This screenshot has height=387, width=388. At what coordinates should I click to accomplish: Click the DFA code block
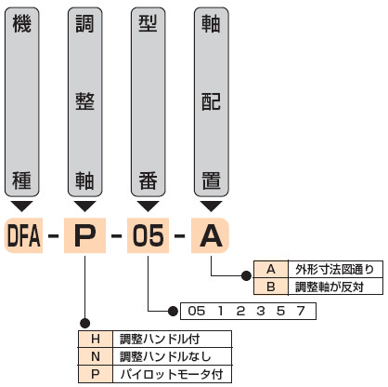pyautogui.click(x=23, y=235)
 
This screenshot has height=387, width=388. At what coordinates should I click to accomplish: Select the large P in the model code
pyautogui.click(x=84, y=235)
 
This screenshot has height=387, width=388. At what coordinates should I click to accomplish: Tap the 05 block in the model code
pyautogui.click(x=148, y=235)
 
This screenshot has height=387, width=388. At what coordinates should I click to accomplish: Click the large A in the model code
pyautogui.click(x=211, y=235)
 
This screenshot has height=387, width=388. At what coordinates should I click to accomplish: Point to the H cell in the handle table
pyautogui.click(x=96, y=339)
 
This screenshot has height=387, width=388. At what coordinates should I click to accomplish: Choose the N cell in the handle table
pyautogui.click(x=96, y=356)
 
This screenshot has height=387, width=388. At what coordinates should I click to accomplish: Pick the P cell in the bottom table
pyautogui.click(x=96, y=374)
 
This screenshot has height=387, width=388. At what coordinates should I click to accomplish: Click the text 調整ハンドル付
pyautogui.click(x=160, y=339)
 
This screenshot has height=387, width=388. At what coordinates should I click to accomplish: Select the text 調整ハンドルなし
pyautogui.click(x=165, y=356)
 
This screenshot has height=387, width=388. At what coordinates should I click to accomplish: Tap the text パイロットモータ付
pyautogui.click(x=172, y=374)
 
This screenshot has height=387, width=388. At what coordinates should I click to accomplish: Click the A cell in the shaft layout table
pyautogui.click(x=271, y=269)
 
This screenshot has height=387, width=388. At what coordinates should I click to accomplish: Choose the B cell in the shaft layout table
pyautogui.click(x=271, y=287)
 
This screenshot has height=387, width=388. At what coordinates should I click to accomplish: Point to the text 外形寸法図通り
pyautogui.click(x=334, y=269)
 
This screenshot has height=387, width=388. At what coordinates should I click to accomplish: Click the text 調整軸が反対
pyautogui.click(x=330, y=287)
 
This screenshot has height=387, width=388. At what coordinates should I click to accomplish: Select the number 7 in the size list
pyautogui.click(x=301, y=311)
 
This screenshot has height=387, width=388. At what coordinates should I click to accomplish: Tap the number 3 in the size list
pyautogui.click(x=261, y=311)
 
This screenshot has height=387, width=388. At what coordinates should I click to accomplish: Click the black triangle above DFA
pyautogui.click(x=22, y=206)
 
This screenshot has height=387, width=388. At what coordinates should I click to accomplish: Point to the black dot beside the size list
pyautogui.click(x=173, y=311)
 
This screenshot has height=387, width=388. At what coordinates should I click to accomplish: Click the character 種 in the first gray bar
pyautogui.click(x=22, y=180)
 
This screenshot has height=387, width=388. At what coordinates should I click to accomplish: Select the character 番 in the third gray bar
pyautogui.click(x=148, y=180)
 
